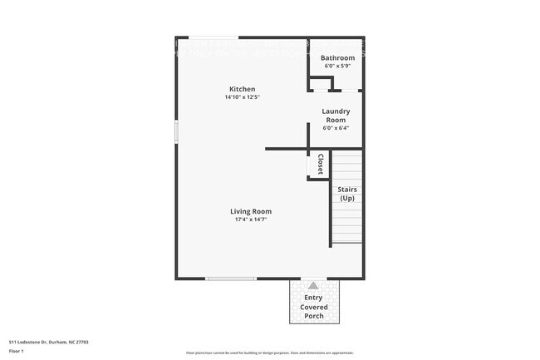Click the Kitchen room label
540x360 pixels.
coord(243,89)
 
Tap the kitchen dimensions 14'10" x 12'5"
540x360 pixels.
coord(243,97)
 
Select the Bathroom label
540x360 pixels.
coord(337,58)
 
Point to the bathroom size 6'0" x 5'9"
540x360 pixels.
coord(336,66)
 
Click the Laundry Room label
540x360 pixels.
coord(336,116)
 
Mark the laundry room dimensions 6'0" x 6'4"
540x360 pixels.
coord(336,128)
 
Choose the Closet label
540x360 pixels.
coord(320,164)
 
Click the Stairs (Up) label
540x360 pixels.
coord(347,194)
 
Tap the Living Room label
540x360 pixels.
coord(251,211)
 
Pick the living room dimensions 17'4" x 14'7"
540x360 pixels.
coord(251,219)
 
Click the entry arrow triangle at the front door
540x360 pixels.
coord(313,285)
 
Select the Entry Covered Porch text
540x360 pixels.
coord(313,307)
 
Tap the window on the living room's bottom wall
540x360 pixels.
coord(231,279)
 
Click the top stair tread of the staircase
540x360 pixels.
coord(347,153)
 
